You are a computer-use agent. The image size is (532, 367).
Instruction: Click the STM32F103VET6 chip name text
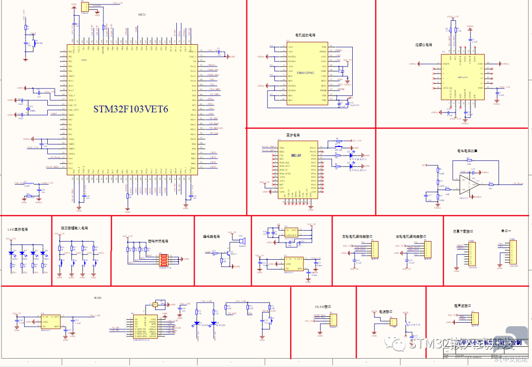131,109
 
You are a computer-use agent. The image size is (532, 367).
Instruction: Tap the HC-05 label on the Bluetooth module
296,155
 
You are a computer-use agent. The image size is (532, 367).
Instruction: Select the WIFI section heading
98,298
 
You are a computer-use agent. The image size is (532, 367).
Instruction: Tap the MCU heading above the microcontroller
141,15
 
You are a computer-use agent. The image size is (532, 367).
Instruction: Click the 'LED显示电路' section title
18,230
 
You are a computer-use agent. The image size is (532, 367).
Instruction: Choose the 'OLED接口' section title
323,306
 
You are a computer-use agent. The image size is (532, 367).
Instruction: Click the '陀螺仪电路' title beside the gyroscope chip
424,45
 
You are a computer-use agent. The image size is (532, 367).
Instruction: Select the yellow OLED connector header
332,321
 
